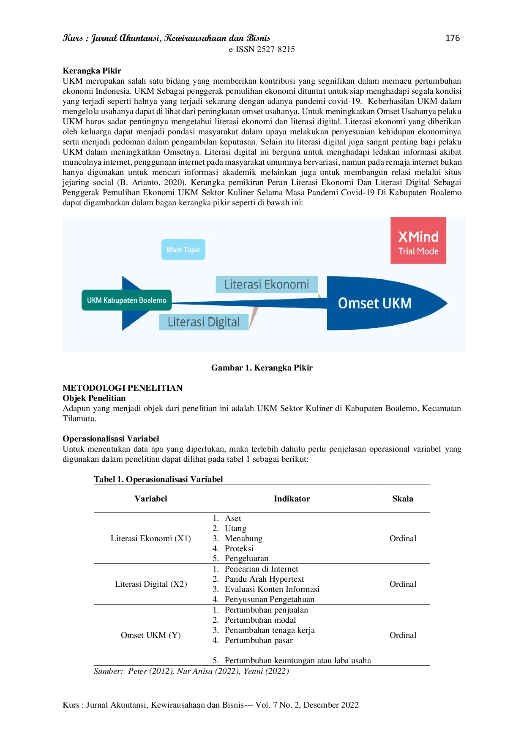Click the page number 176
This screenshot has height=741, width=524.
pyautogui.click(x=453, y=38)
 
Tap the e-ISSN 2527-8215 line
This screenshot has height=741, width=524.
pyautogui.click(x=262, y=49)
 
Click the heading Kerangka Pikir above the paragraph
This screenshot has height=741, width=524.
pyautogui.click(x=92, y=71)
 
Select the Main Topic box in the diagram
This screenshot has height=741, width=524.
pyautogui.click(x=183, y=250)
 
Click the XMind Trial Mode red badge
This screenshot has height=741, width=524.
pyautogui.click(x=418, y=241)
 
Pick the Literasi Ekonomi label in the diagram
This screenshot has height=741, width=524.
pyautogui.click(x=267, y=284)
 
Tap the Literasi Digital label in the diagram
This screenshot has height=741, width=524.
pyautogui.click(x=204, y=322)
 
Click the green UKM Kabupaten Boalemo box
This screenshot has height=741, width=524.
pyautogui.click(x=126, y=300)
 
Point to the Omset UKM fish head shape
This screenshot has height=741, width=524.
pyautogui.click(x=387, y=303)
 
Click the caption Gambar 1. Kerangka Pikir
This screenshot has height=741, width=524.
pyautogui.click(x=262, y=368)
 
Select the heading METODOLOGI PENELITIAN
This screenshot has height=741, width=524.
pyautogui.click(x=123, y=388)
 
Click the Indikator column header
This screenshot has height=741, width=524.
pyautogui.click(x=292, y=499)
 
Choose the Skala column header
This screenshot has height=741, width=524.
pyautogui.click(x=403, y=499)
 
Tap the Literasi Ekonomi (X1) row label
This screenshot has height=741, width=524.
pyautogui.click(x=151, y=538)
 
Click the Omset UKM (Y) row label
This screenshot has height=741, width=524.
pyautogui.click(x=151, y=635)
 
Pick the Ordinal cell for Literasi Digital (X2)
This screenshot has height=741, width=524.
pyautogui.click(x=403, y=584)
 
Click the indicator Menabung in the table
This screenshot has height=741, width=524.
pyautogui.click(x=243, y=538)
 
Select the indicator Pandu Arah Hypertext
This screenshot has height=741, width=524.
pyautogui.click(x=264, y=579)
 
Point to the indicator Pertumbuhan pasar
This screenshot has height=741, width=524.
pyautogui.click(x=259, y=640)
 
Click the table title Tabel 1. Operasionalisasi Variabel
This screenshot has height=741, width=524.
pyautogui.click(x=158, y=479)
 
